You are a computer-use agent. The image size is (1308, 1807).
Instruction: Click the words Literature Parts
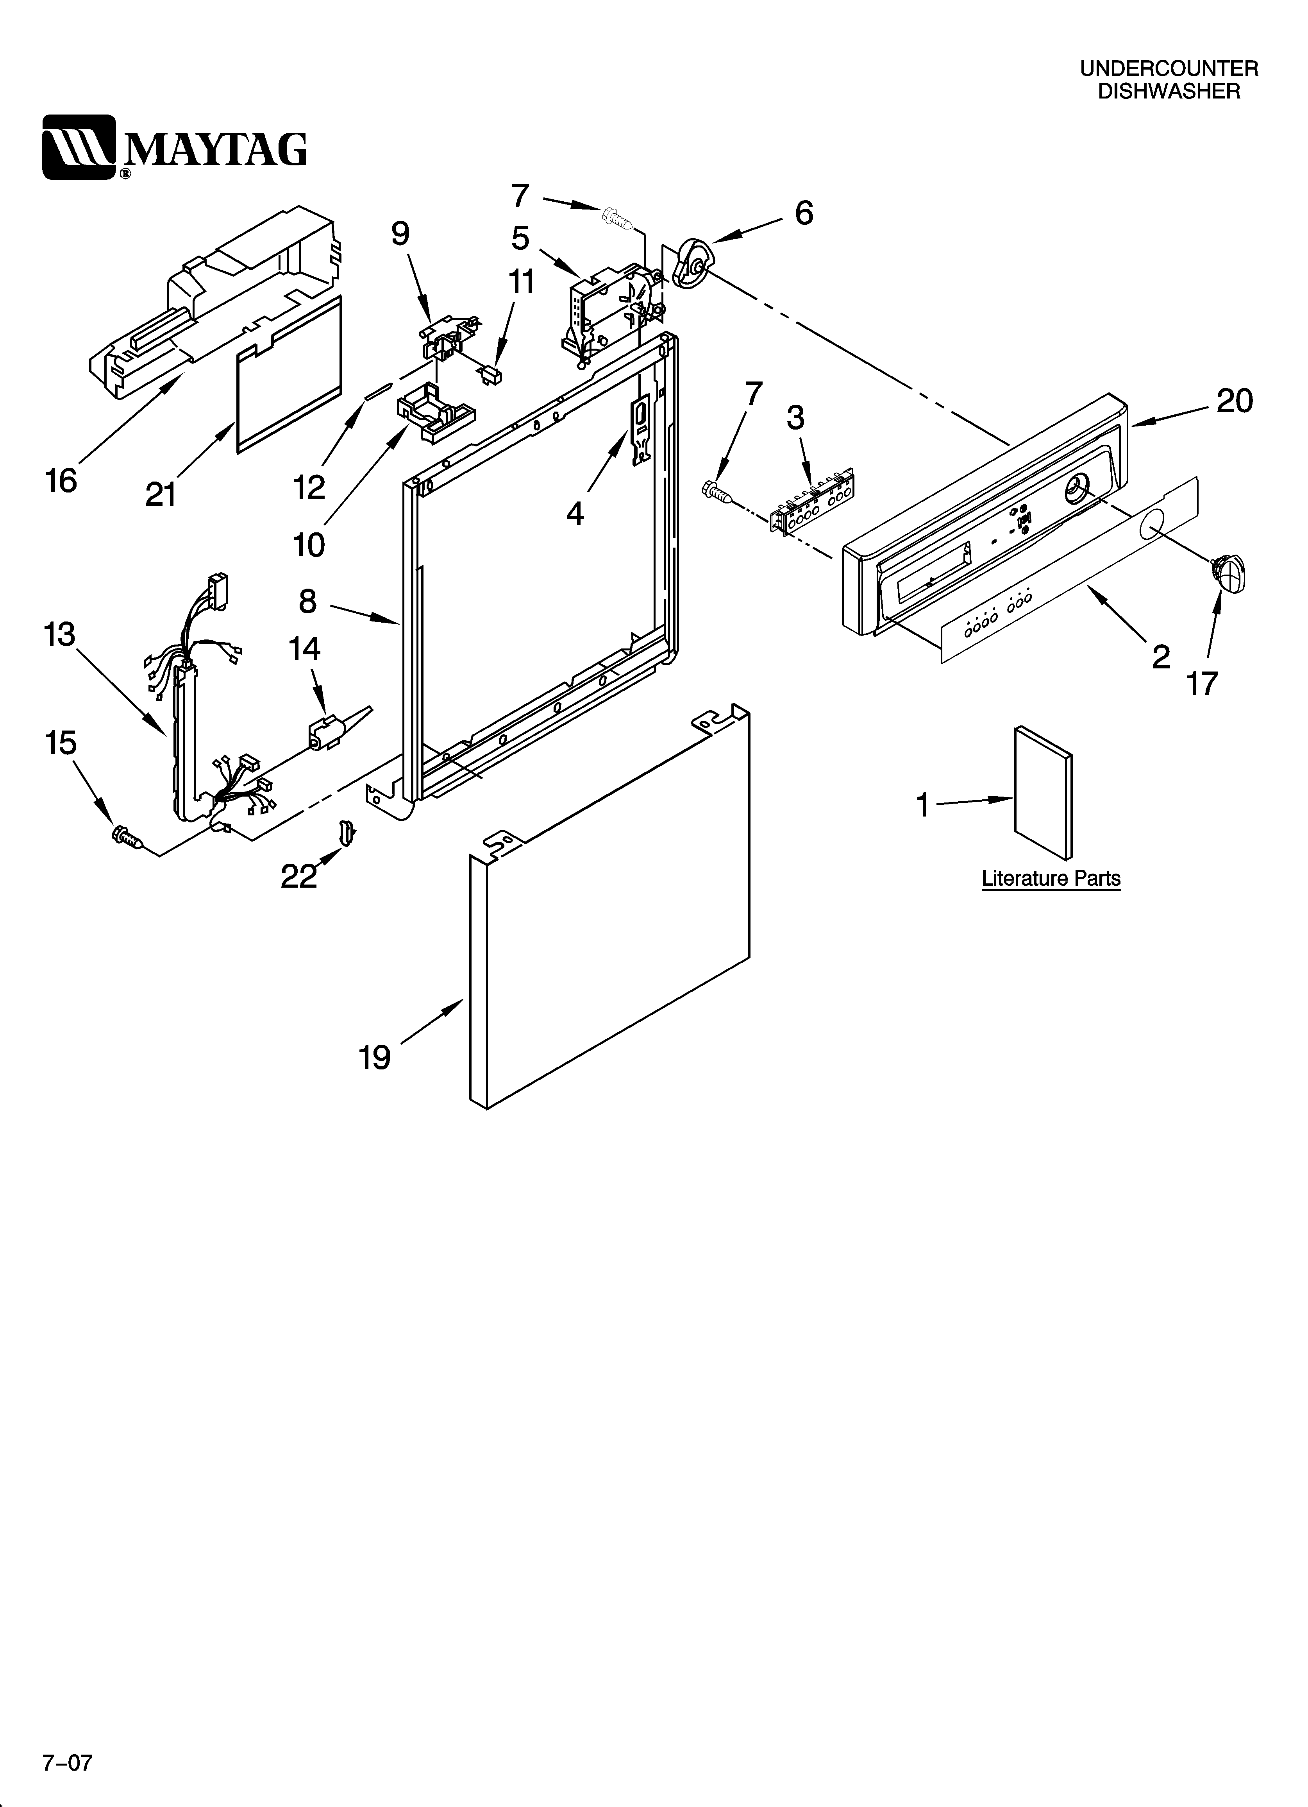click(1051, 879)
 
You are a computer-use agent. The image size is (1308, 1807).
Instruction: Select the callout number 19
click(374, 1057)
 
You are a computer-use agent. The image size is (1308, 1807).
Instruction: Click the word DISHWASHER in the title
click(1169, 91)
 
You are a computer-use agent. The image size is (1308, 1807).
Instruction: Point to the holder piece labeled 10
click(432, 413)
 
